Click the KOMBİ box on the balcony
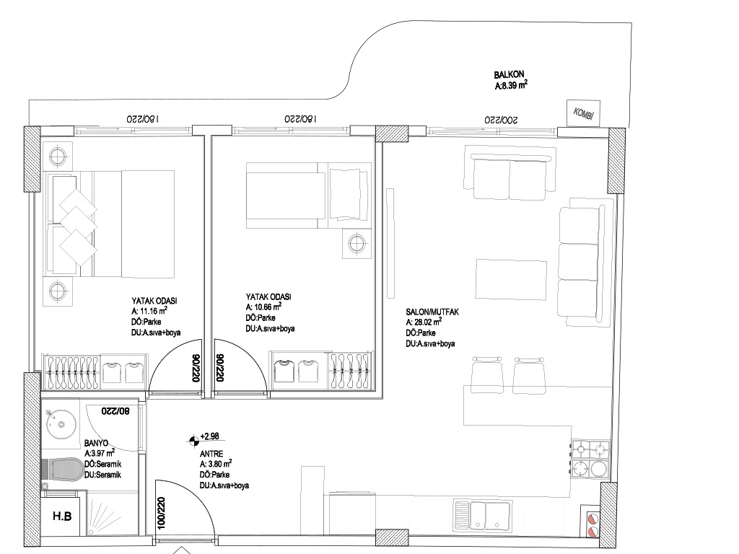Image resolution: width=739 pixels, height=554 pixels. [583, 113]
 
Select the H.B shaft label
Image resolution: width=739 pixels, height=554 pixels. [62, 516]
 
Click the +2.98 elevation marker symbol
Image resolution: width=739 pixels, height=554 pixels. [193, 441]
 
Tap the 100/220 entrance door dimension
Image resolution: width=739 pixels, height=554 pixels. [161, 513]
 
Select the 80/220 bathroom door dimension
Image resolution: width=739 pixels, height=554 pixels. [115, 411]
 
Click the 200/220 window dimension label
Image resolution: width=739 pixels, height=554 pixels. [502, 120]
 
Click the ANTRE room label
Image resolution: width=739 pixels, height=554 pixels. [211, 454]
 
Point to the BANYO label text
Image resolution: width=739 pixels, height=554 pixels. [96, 444]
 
